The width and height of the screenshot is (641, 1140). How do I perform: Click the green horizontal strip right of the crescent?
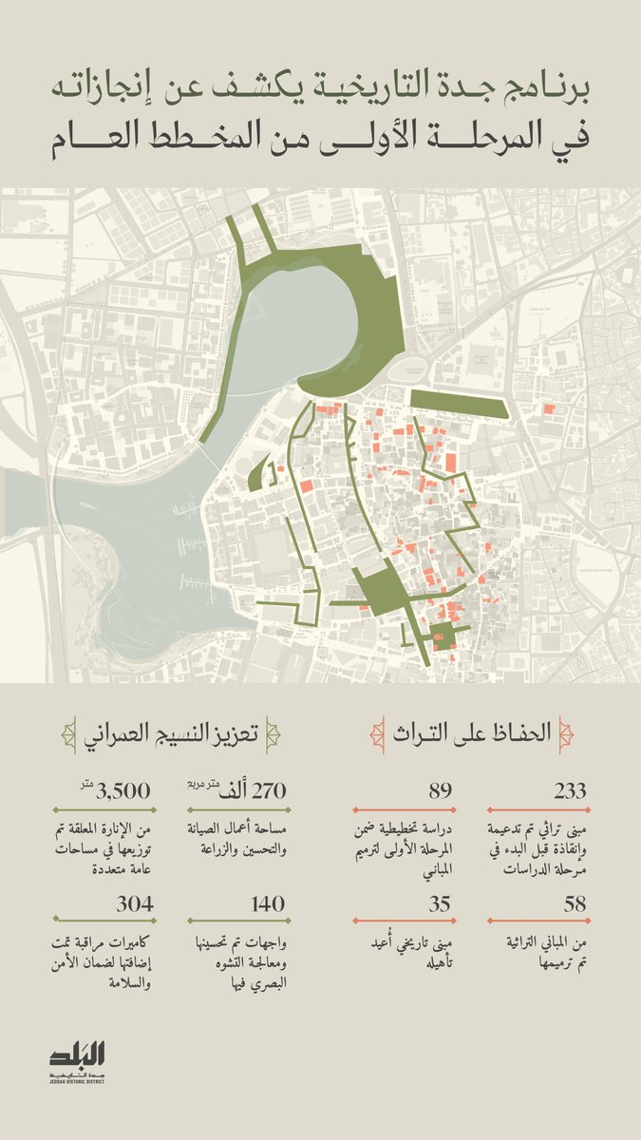pyautogui.click(x=459, y=404)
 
